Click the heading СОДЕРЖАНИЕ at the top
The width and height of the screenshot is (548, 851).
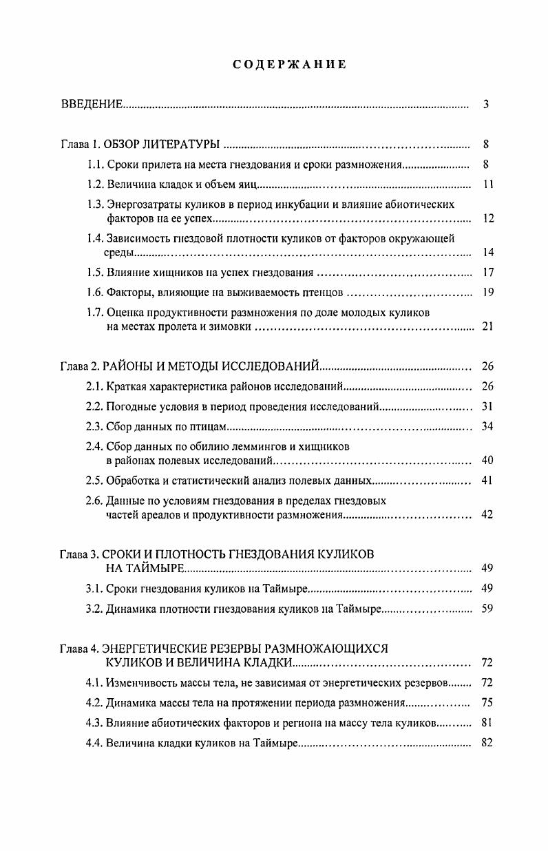tap(289, 64)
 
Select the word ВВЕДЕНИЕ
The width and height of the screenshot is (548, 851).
tap(92, 105)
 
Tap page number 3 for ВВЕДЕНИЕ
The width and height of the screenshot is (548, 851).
tap(486, 105)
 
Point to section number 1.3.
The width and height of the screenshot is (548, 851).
tap(95, 204)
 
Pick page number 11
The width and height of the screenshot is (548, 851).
tap(487, 185)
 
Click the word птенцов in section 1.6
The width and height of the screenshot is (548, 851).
tap(324, 292)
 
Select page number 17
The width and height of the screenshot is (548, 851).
tap(487, 272)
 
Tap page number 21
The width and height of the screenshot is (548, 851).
tap(487, 326)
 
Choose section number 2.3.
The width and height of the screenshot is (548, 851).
tap(95, 426)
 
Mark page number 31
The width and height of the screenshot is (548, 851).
tap(487, 406)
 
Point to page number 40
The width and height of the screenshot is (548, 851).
tap(487, 460)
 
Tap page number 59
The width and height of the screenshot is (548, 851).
tap(487, 609)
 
